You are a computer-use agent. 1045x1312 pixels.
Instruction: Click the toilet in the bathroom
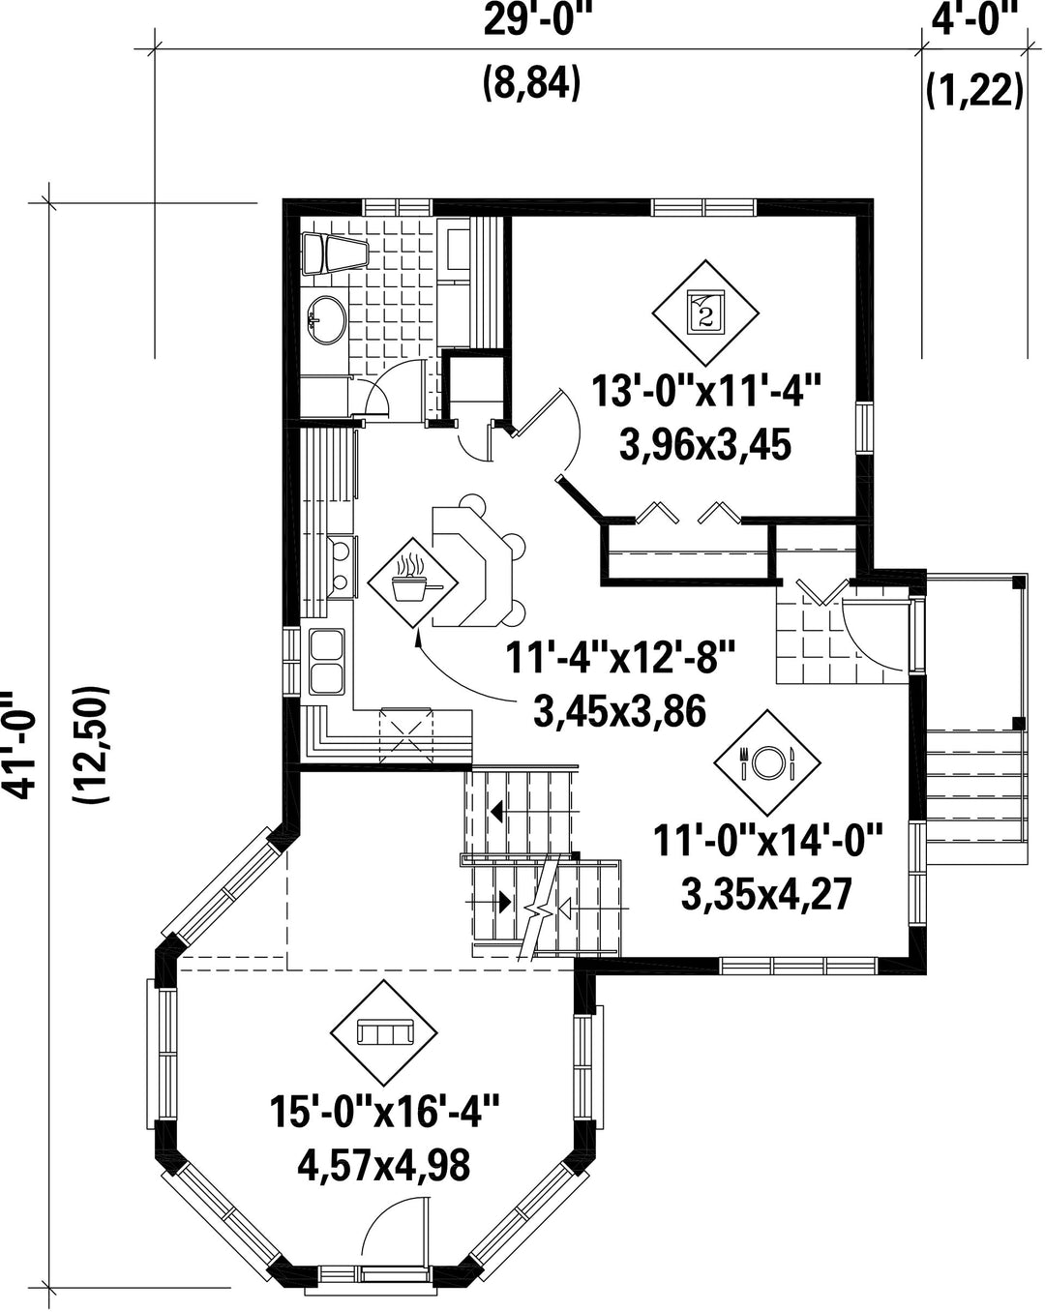click(336, 253)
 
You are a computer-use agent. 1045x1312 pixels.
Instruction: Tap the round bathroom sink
click(327, 320)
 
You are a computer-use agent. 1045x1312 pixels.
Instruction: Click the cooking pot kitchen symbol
click(412, 582)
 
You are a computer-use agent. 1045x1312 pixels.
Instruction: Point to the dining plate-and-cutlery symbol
click(767, 762)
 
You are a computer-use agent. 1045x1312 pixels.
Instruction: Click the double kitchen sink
click(327, 663)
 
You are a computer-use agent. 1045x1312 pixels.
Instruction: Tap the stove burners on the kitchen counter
click(342, 565)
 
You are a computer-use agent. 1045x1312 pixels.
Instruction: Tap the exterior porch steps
click(976, 795)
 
